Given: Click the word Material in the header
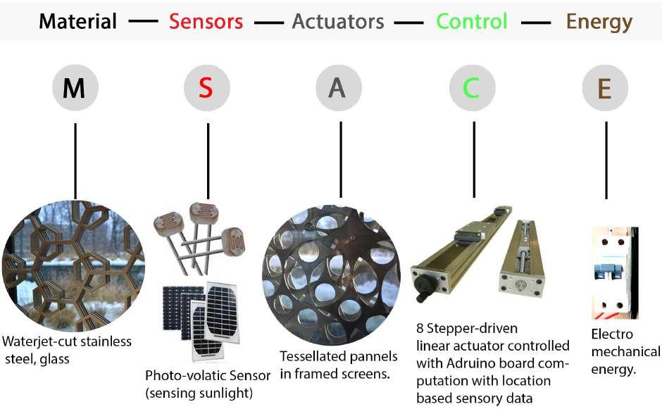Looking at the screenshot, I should coord(77,21).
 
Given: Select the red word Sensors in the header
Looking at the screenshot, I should coord(206,21).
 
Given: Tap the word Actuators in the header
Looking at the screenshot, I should coord(338,21).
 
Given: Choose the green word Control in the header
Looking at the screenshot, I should coord(471,21).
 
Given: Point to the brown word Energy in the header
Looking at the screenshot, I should coord(599,21).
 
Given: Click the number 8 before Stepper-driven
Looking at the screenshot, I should coord(420,328).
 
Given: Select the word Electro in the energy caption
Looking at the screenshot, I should coord(612,334).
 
